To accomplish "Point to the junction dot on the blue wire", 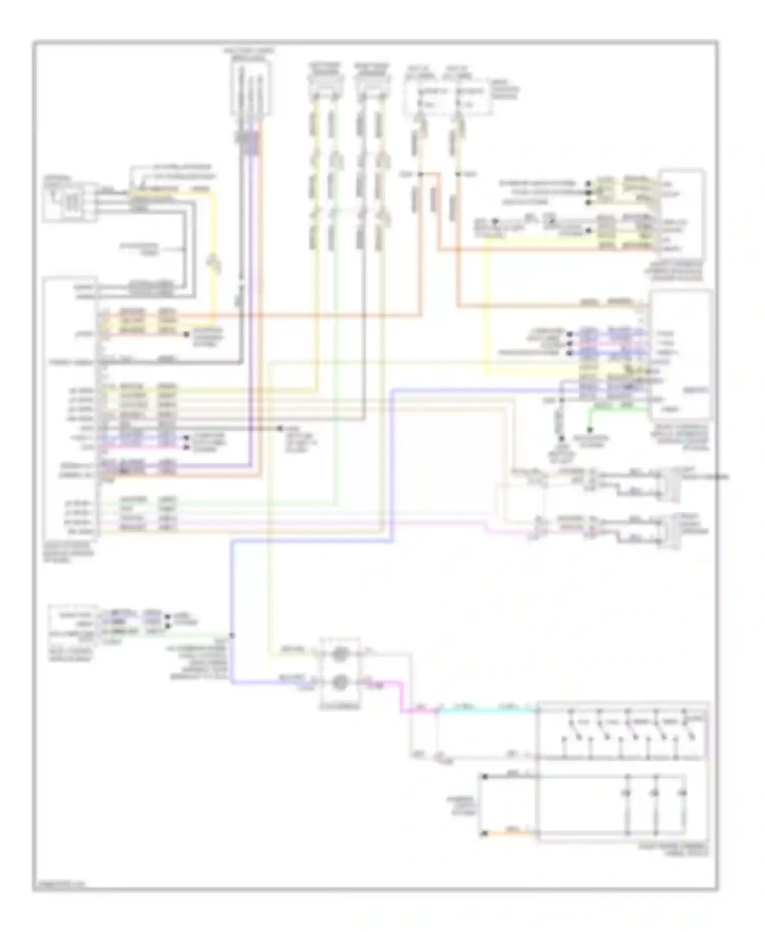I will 233,635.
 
